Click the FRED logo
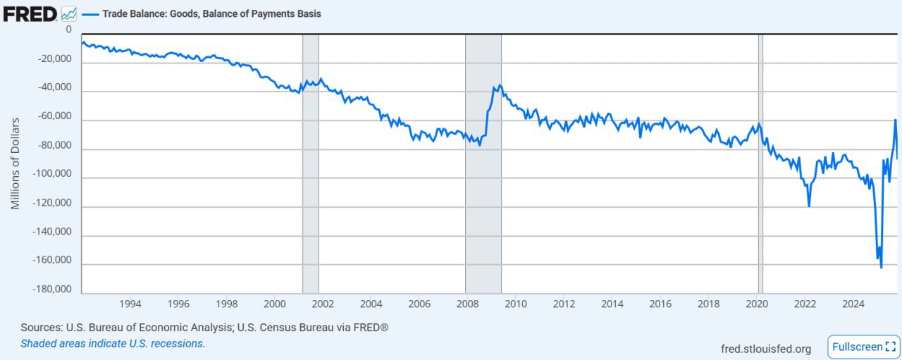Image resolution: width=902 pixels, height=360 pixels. [30, 13]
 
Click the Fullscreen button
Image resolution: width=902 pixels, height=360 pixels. [863, 347]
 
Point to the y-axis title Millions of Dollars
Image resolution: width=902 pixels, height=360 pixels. [15, 163]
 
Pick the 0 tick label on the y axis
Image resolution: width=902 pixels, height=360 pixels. [68, 30]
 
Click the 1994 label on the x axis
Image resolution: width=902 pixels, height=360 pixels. [130, 304]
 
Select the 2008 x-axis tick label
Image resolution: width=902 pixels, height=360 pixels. [467, 304]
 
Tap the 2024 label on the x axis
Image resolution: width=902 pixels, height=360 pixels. [853, 304]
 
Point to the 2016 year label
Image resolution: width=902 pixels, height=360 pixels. [660, 304]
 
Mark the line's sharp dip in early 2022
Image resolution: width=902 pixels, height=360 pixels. [809, 206]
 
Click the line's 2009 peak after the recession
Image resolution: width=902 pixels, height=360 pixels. [500, 85]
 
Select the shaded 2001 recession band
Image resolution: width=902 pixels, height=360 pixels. [310, 162]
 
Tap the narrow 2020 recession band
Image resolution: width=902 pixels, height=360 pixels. [760, 162]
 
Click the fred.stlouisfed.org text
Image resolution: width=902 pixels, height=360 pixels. [766, 349]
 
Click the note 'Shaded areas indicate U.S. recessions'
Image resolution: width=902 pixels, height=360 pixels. [113, 344]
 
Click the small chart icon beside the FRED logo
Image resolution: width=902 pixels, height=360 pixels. [69, 13]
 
